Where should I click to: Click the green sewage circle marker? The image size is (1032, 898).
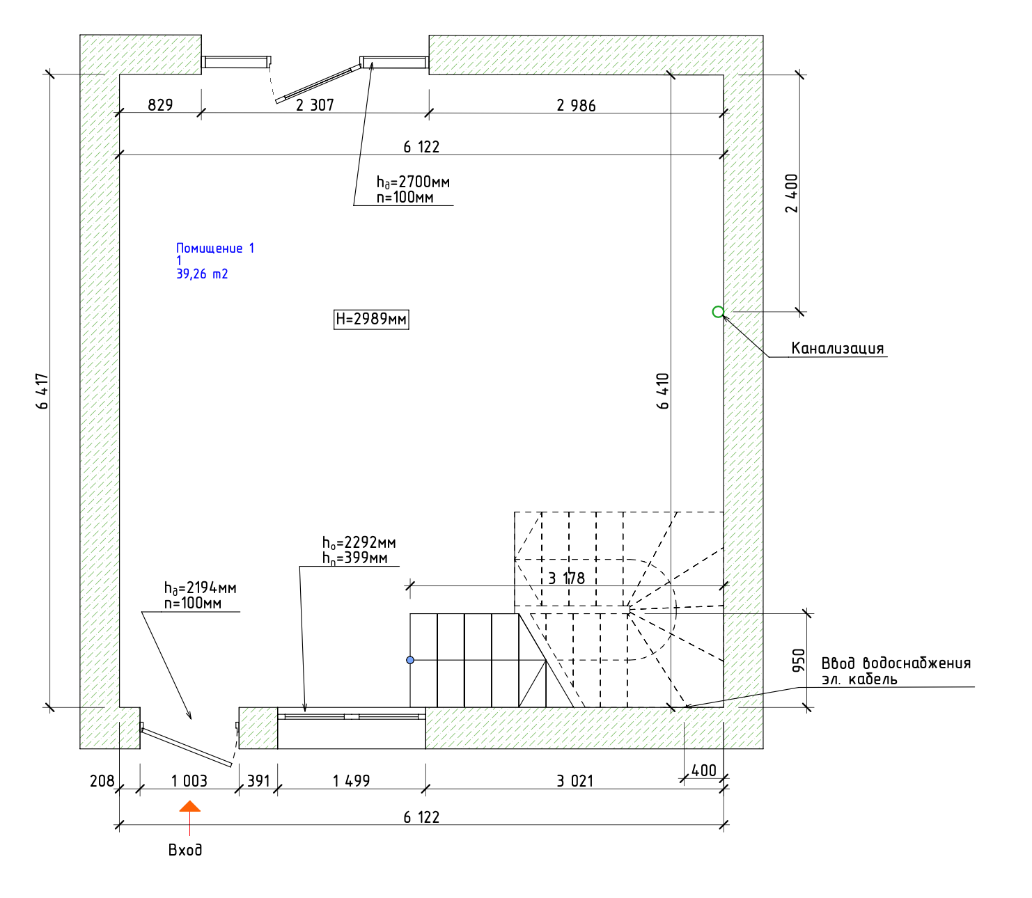click(x=717, y=312)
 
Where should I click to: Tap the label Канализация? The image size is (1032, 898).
click(x=837, y=348)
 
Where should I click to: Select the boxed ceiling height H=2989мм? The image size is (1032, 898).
click(x=370, y=319)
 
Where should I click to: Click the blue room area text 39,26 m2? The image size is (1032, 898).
click(x=202, y=274)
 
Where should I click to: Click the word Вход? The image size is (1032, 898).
click(x=185, y=850)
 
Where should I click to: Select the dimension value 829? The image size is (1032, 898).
click(x=160, y=105)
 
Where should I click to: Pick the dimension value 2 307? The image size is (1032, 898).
click(x=315, y=105)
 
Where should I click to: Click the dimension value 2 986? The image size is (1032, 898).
click(x=576, y=105)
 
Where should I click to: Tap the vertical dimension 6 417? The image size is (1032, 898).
click(x=42, y=391)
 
